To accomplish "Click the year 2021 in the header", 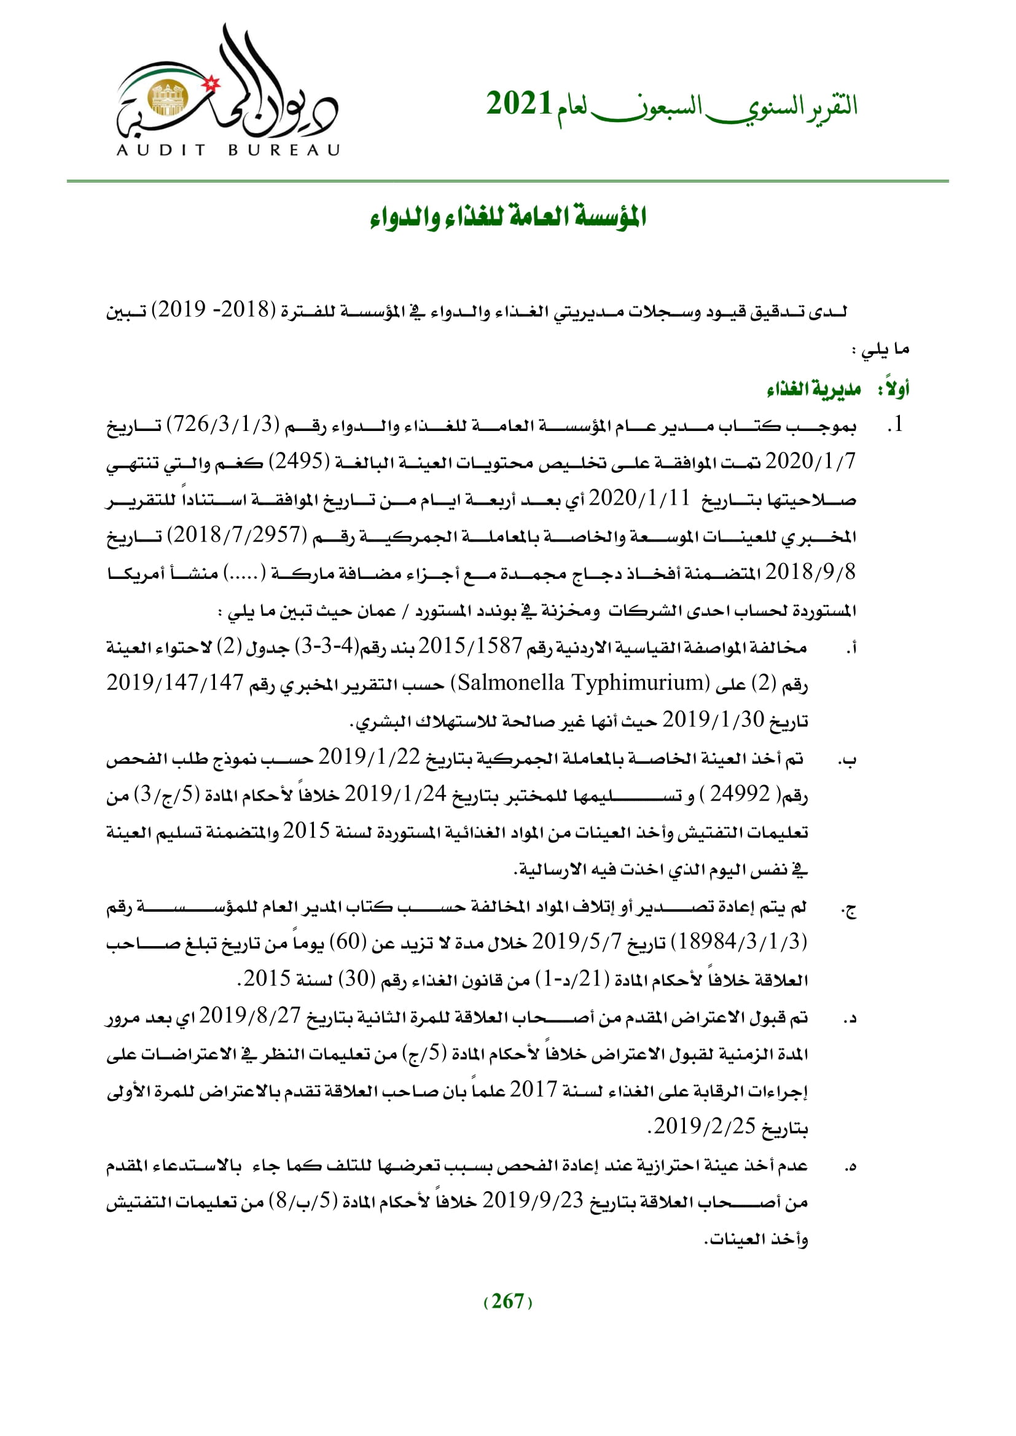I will pos(519,104).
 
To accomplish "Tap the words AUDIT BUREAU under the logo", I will pos(229,150).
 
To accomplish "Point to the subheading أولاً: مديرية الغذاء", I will pos(838,390).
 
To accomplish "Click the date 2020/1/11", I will pos(639,499).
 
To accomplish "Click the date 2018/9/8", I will pos(810,572).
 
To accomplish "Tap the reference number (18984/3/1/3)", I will pos(738,942).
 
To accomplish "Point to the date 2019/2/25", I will pos(705,1126).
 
